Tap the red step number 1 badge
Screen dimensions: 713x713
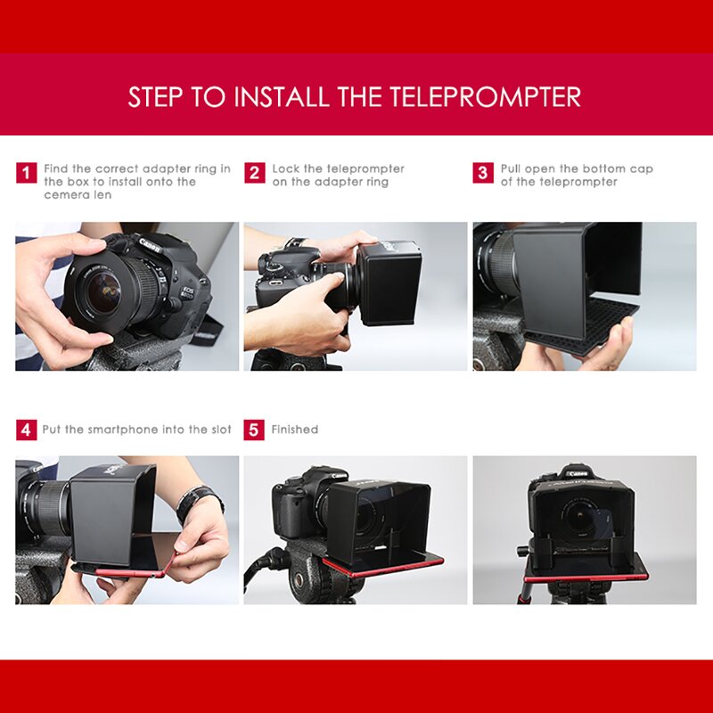pyautogui.click(x=27, y=173)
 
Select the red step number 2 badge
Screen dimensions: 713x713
pyautogui.click(x=255, y=173)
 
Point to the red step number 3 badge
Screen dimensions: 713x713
pyautogui.click(x=483, y=173)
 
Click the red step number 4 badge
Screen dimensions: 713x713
pyautogui.click(x=27, y=430)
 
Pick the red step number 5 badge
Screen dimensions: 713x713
pyautogui.click(x=255, y=430)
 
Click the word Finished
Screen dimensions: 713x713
pyautogui.click(x=294, y=430)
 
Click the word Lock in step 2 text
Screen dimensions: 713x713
pyautogui.click(x=285, y=168)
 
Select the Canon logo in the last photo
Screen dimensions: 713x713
pyautogui.click(x=578, y=472)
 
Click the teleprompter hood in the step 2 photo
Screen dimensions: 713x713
pyautogui.click(x=389, y=283)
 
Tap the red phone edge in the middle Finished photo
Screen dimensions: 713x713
pyautogui.click(x=383, y=566)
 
